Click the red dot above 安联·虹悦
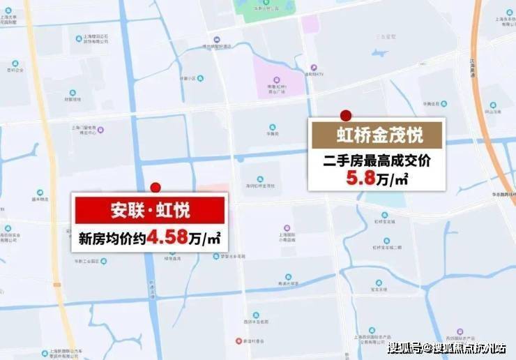155,187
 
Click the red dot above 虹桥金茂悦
345,115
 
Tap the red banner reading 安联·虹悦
149,210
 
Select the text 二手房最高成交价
377,160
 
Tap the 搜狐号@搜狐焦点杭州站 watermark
447,348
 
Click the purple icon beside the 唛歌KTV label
314,68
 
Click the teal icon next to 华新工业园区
103,261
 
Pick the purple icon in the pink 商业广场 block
277,79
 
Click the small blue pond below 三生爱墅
380,52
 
